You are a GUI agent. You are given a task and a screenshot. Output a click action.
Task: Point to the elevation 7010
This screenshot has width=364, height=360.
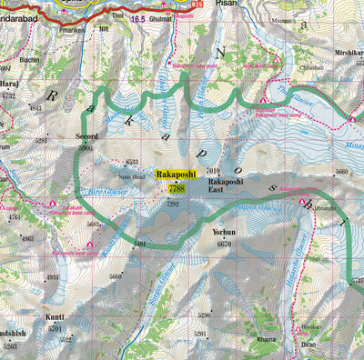pos(214,171)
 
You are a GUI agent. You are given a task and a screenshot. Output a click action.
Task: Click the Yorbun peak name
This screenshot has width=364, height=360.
pos(224,233)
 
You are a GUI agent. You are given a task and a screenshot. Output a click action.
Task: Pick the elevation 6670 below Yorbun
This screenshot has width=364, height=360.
pos(226,245)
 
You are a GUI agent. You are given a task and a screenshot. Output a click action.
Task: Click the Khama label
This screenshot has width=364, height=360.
pos(266,339)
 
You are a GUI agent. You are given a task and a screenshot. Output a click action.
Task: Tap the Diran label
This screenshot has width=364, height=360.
pos(309,345)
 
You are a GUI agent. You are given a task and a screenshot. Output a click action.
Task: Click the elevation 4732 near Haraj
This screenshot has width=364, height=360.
pos(9,95)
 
